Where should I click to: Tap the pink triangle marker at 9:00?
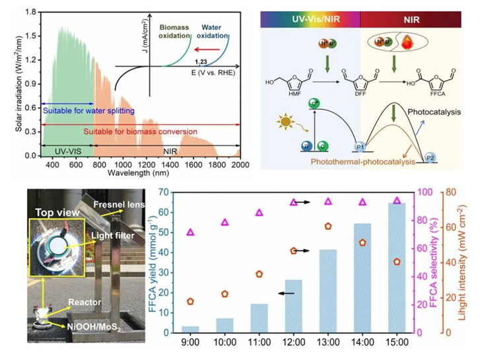[x=190, y=232]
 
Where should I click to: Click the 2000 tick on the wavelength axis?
[x=240, y=165]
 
